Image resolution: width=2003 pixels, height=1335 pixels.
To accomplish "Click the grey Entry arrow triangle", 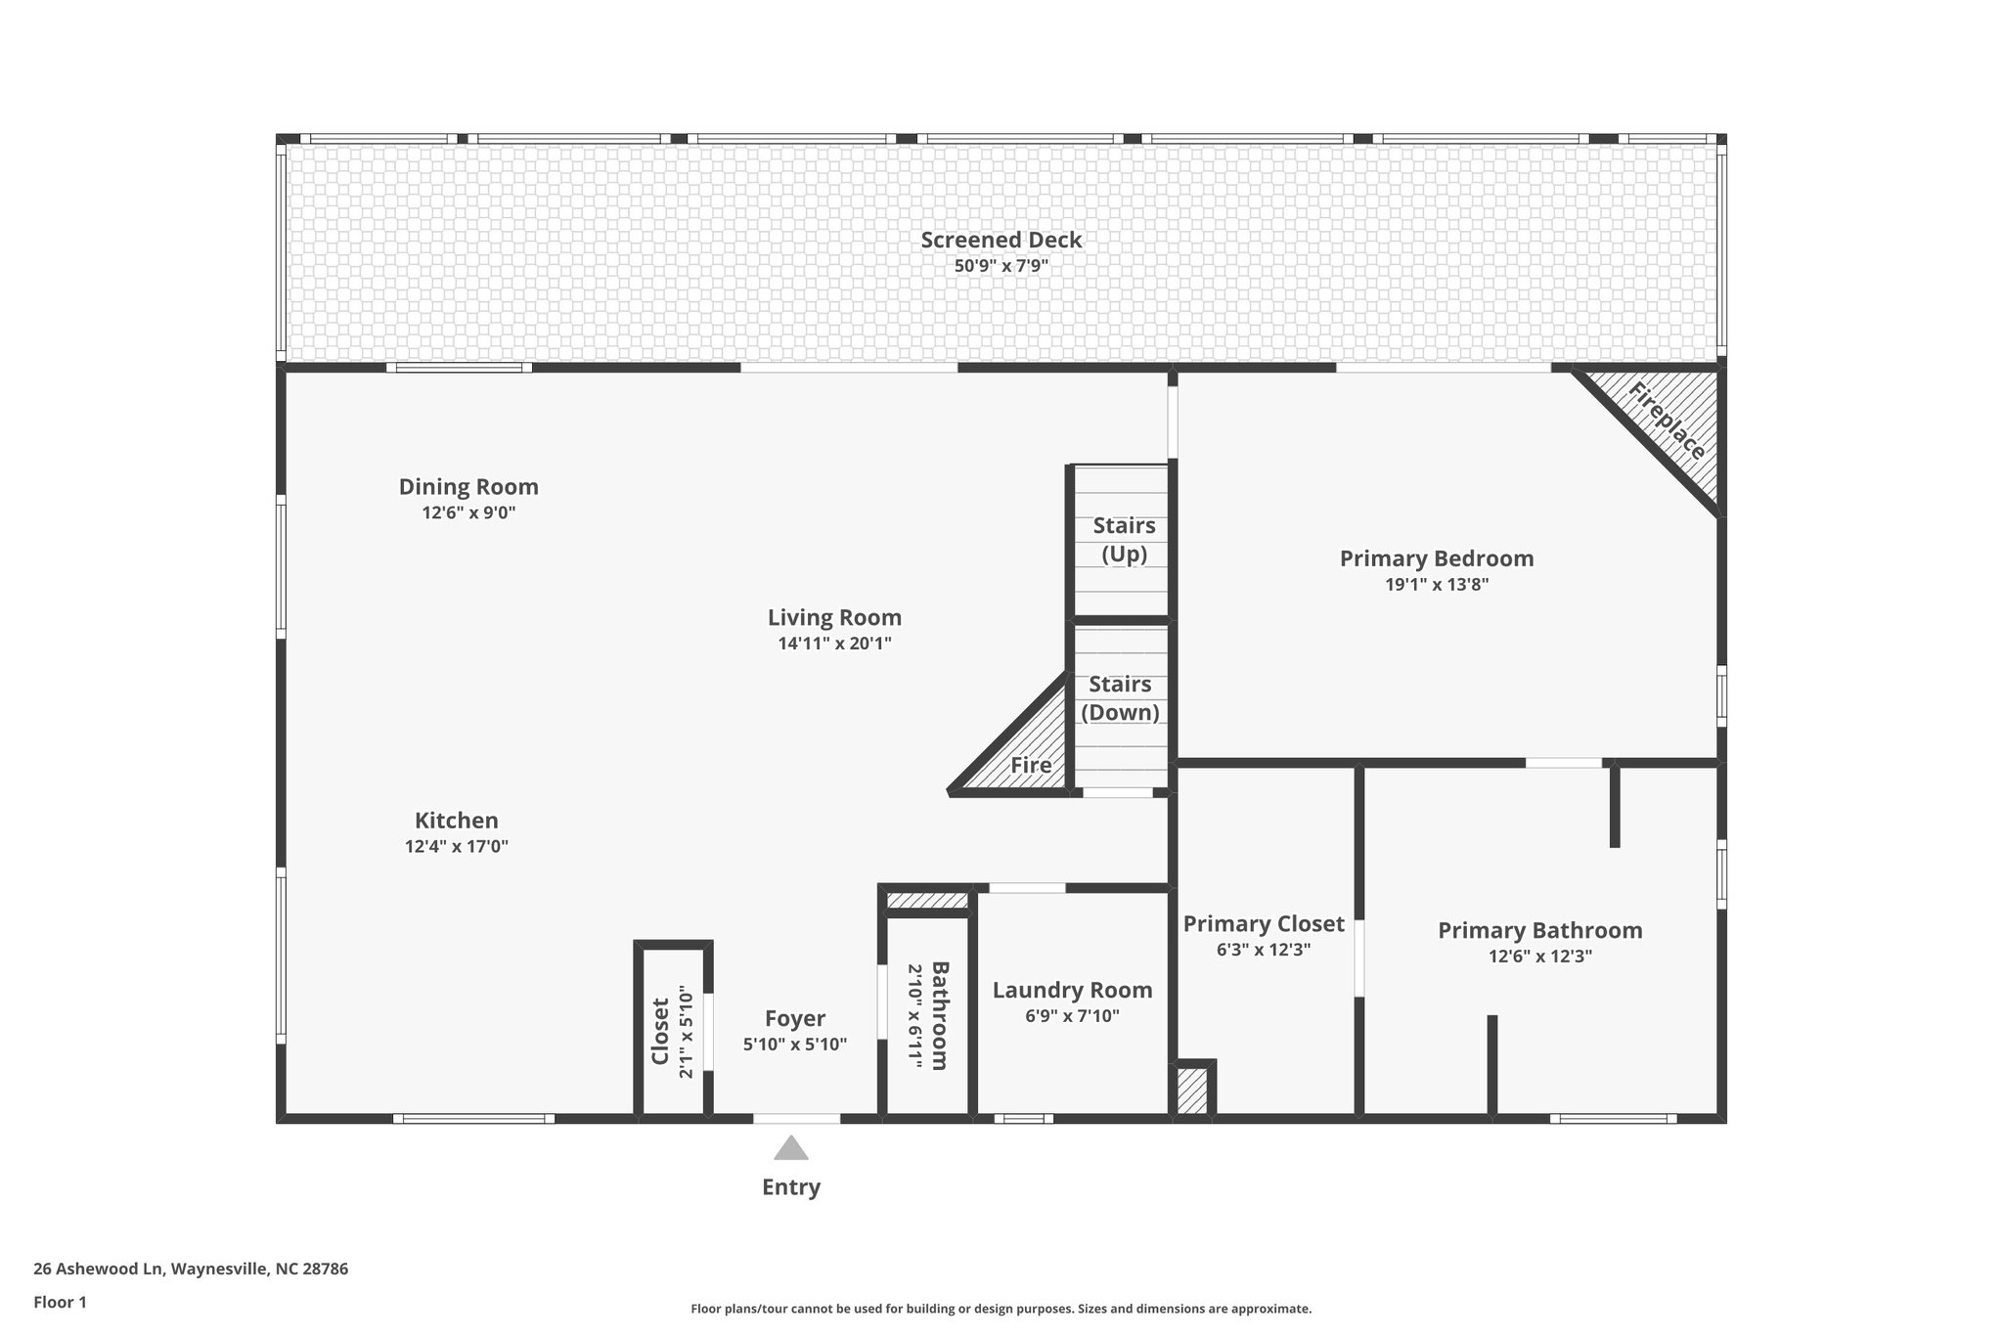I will (x=790, y=1148).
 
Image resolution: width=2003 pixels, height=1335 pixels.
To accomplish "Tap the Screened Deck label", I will (x=1001, y=240).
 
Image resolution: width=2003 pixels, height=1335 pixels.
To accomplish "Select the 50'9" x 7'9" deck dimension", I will (x=1001, y=265).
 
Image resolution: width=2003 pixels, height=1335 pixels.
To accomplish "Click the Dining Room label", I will (x=468, y=486).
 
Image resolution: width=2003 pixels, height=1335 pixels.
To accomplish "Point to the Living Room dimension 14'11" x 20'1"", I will (x=834, y=644).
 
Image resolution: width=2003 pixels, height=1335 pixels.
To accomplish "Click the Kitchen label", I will (x=456, y=821).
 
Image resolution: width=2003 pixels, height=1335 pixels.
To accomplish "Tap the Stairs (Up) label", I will (x=1124, y=539).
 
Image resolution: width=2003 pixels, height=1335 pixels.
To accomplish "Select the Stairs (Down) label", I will (x=1120, y=698).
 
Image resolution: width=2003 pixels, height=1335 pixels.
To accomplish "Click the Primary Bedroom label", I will (x=1436, y=558).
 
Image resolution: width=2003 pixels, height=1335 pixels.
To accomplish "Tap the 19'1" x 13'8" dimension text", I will (x=1436, y=585).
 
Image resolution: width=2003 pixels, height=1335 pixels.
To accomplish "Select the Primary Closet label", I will (x=1264, y=923).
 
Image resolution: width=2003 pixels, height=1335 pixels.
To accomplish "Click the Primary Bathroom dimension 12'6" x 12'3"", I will (x=1539, y=957).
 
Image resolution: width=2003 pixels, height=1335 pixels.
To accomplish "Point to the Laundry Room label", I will (x=1072, y=990).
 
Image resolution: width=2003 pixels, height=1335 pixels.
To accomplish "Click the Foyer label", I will (x=794, y=1019).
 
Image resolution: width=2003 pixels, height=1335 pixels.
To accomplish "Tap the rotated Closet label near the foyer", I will (x=660, y=1031).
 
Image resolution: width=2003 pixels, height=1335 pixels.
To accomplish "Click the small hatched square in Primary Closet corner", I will (x=1192, y=1090).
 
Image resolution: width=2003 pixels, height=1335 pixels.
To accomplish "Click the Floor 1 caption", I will (x=60, y=1302).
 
